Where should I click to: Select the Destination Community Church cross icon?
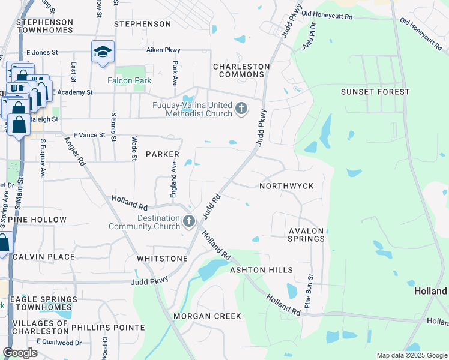(x=189, y=221)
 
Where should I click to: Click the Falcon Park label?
(x=129, y=80)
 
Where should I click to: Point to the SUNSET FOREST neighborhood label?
(x=375, y=92)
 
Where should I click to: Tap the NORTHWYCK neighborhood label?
(x=286, y=186)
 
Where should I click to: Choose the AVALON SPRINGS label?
(x=306, y=235)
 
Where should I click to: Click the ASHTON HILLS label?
(x=261, y=271)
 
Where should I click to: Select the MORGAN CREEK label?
(x=207, y=316)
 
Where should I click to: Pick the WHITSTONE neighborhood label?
(x=162, y=259)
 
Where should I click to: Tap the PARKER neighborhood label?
(x=163, y=154)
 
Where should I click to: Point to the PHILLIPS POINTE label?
(x=108, y=328)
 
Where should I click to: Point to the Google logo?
(x=20, y=352)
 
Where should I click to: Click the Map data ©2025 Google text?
(x=411, y=355)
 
